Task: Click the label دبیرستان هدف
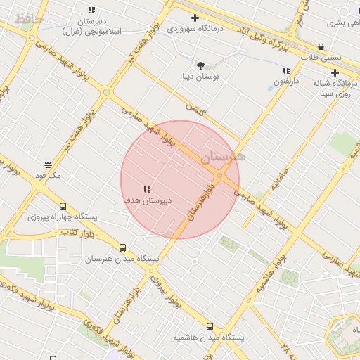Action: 148,200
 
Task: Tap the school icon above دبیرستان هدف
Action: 147,189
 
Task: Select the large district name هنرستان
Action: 224,157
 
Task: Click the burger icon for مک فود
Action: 48,165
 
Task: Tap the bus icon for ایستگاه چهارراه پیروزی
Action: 63,207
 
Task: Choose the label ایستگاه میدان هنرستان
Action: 123,258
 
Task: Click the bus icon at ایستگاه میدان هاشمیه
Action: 210,326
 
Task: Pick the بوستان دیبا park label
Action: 200,76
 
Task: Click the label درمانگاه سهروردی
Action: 195,29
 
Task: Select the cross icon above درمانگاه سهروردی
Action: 195,18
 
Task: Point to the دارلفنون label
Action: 287,82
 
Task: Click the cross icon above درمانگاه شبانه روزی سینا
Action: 335,72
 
